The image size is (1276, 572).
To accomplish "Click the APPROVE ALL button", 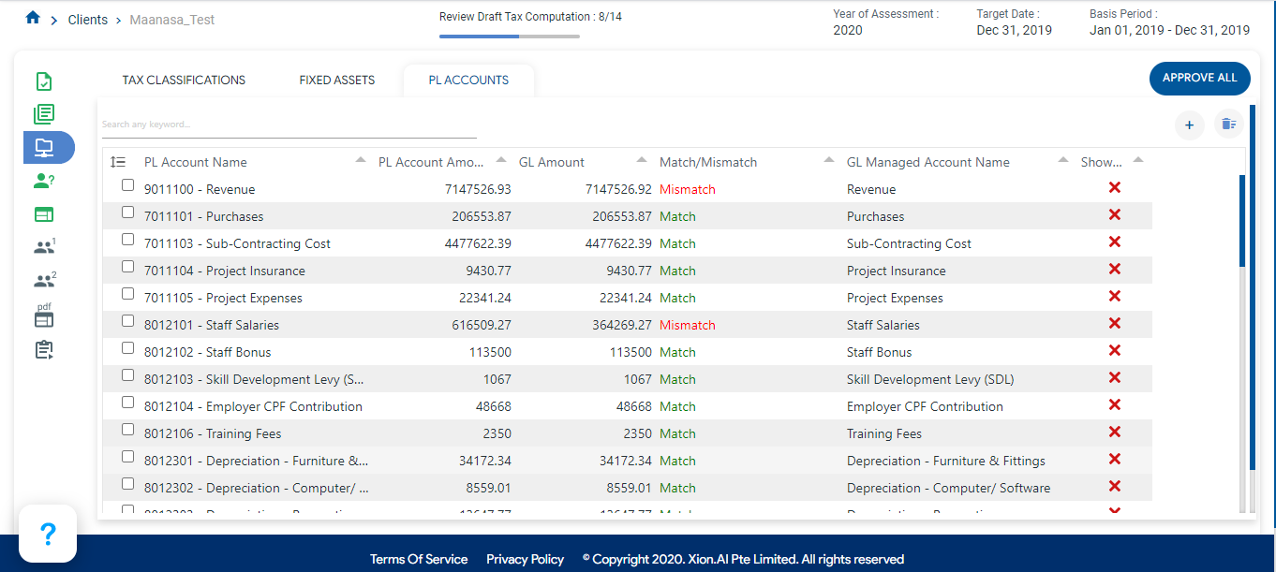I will pos(1199,79).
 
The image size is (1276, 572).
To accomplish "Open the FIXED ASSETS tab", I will pos(337,81).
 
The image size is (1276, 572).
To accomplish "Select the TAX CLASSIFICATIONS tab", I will pos(184,81).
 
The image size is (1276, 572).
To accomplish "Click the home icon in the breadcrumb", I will pos(33,18).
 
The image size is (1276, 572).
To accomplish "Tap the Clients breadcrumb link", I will pos(88,20).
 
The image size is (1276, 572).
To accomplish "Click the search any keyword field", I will pos(289,125).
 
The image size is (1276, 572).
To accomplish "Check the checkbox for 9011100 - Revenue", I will pos(128,185).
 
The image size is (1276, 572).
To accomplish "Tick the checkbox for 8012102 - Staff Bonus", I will pos(128,348).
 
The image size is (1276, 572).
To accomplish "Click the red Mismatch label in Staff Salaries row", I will pos(687,326).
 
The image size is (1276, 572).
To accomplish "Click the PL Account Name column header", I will pos(196,162).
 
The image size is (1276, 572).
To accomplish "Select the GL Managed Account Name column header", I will pos(927,162).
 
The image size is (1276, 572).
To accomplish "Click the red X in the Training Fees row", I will pos(1115,432).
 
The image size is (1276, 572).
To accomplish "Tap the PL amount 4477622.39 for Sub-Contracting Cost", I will pos(478,244).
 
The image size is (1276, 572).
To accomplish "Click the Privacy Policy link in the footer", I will pos(525,560).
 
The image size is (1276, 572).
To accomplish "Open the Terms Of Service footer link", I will pos(419,560).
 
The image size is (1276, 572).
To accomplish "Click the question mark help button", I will pos(48,534).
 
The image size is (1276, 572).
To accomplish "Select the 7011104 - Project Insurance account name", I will pos(224,271).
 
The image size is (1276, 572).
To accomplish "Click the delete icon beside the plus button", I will pos(1228,125).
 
